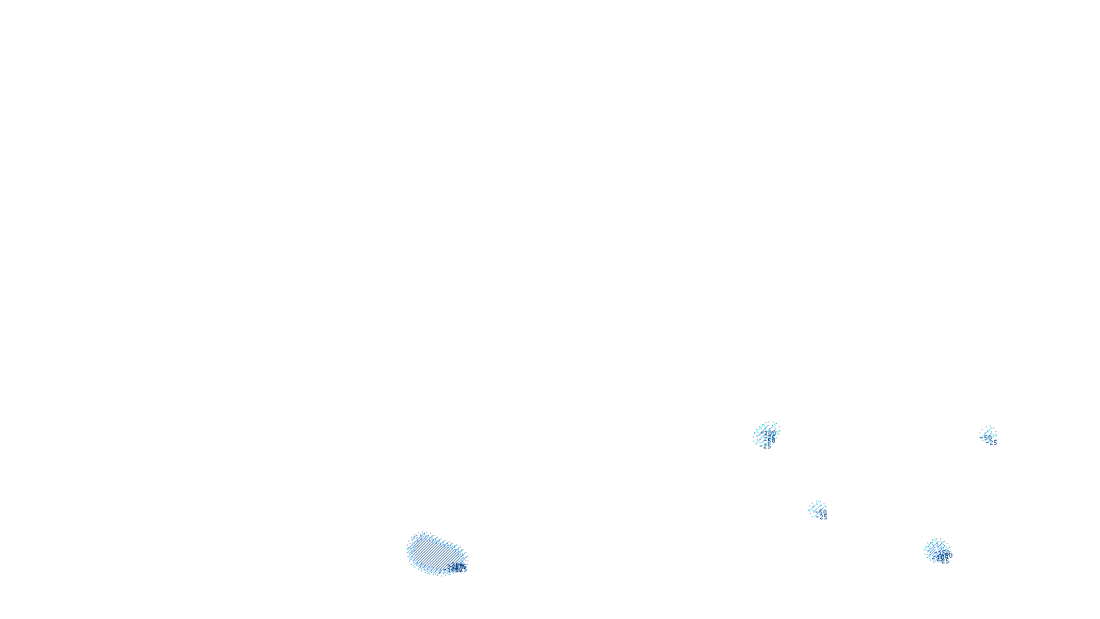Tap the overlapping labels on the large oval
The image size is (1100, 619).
(458, 568)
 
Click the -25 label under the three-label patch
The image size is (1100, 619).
(767, 446)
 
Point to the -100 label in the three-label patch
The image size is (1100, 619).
(769, 433)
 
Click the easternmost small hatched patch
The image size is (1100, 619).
(988, 434)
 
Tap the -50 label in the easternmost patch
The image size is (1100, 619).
(987, 437)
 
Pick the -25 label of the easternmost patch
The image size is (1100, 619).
(993, 442)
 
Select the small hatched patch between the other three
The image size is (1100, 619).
(817, 508)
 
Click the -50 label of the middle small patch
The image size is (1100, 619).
(821, 512)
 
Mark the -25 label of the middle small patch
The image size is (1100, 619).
(823, 517)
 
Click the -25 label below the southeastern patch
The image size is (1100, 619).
(944, 561)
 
